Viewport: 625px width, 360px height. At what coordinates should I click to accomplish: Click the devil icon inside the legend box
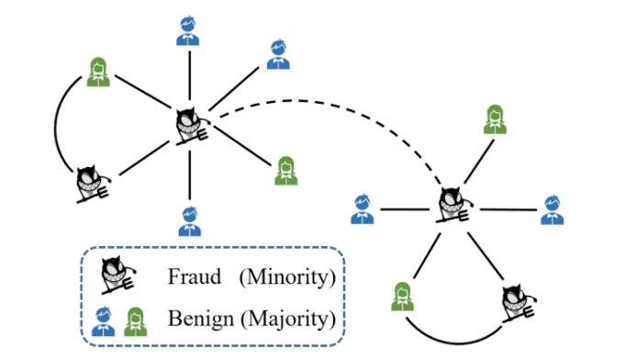point(116,273)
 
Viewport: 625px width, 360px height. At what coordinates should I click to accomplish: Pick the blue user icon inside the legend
point(101,318)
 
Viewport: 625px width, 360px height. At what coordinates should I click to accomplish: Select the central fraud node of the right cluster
point(452,206)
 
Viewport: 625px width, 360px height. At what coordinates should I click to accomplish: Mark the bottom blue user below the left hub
point(189,220)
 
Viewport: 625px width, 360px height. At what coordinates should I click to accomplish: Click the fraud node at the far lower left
point(94,182)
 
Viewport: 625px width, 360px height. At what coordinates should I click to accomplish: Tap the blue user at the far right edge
point(551,209)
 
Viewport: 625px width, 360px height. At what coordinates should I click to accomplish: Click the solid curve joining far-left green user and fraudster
point(57,129)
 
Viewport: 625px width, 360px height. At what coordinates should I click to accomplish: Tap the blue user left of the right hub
point(363,209)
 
